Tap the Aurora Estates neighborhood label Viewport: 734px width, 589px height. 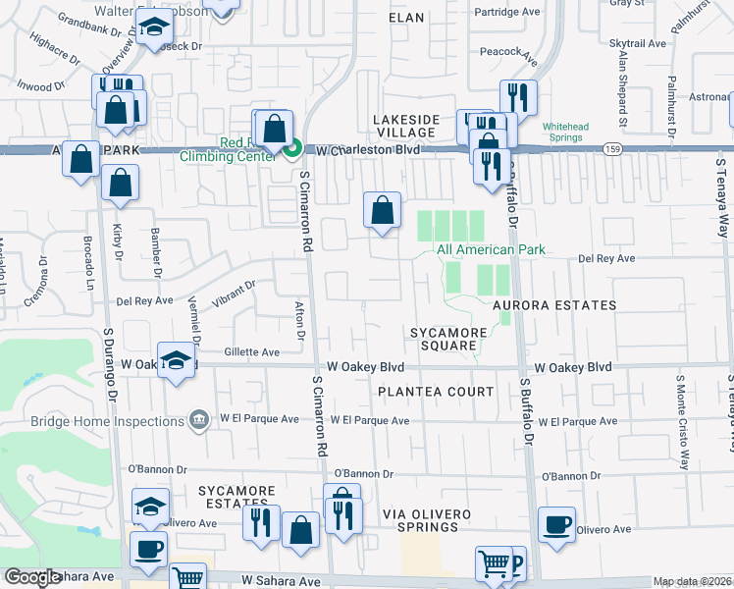point(554,305)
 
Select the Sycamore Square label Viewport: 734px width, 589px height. point(448,340)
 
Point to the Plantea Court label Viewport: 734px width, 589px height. point(436,392)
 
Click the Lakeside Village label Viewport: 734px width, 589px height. point(405,127)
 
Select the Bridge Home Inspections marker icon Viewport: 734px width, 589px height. point(200,419)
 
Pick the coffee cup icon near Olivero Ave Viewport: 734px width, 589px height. point(556,523)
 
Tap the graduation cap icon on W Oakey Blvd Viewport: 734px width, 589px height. point(177,361)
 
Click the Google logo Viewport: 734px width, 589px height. point(32,577)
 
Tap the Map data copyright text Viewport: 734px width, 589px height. point(693,581)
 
